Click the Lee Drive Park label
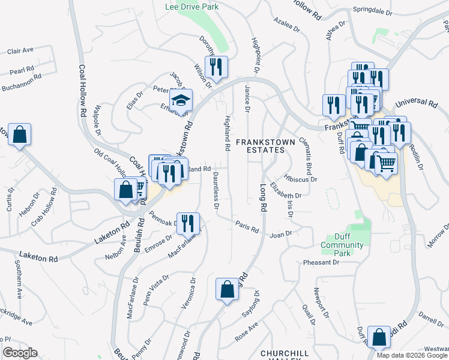pyautogui.click(x=191, y=7)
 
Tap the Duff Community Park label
pyautogui.click(x=342, y=240)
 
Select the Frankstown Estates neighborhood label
pyautogui.click(x=264, y=146)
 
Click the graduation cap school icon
pyautogui.click(x=180, y=100)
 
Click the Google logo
pyautogui.click(x=20, y=353)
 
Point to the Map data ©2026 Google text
pyautogui.click(x=411, y=355)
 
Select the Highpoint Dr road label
pyautogui.click(x=255, y=58)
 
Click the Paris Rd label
pyautogui.click(x=247, y=229)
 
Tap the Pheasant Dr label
pyautogui.click(x=321, y=262)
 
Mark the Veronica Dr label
pyautogui.click(x=193, y=290)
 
